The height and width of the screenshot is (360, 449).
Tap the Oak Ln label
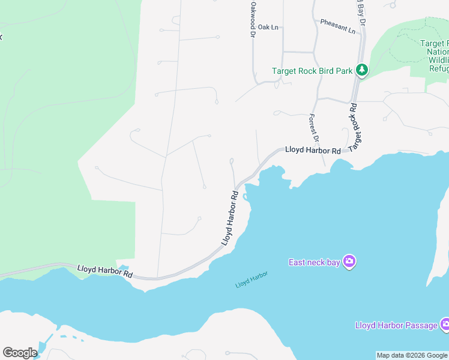pos(268,27)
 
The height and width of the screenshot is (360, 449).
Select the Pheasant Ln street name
pos(337,26)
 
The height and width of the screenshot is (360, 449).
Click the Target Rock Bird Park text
pos(312,71)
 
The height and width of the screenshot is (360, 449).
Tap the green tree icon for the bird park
pos(362,70)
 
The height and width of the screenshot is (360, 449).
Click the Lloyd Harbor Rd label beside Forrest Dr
pos(313,150)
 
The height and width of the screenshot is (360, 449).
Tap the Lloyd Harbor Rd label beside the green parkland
pos(105,271)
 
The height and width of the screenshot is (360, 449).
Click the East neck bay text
pos(314,262)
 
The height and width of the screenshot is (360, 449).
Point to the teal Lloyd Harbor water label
pos(252,280)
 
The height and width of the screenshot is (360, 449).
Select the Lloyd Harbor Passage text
pos(396,325)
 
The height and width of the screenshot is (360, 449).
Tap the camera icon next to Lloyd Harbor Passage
pos(445,325)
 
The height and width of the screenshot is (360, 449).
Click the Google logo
pos(20,353)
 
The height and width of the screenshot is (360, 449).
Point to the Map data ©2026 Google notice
pos(412,355)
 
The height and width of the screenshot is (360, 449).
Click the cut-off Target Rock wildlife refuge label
pos(434,56)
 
